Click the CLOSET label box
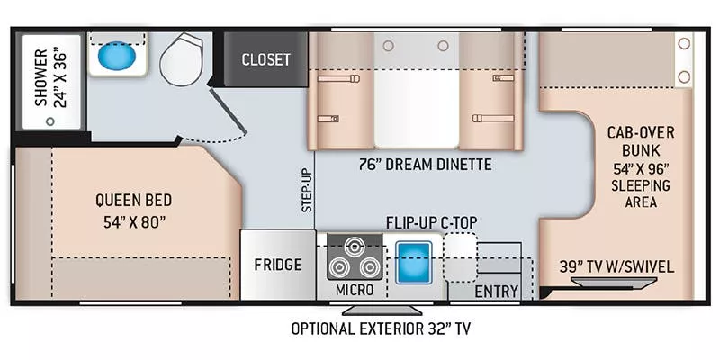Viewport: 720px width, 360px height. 265,59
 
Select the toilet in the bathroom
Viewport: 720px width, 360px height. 184,59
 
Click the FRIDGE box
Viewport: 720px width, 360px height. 277,265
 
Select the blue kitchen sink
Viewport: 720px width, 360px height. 415,261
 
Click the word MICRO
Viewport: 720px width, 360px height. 355,291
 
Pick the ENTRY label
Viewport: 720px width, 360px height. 496,291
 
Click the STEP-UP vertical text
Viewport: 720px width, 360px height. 307,189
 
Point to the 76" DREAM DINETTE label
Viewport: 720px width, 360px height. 413,164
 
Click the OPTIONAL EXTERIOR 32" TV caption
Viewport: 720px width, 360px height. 380,328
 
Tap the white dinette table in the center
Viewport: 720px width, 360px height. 416,99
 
